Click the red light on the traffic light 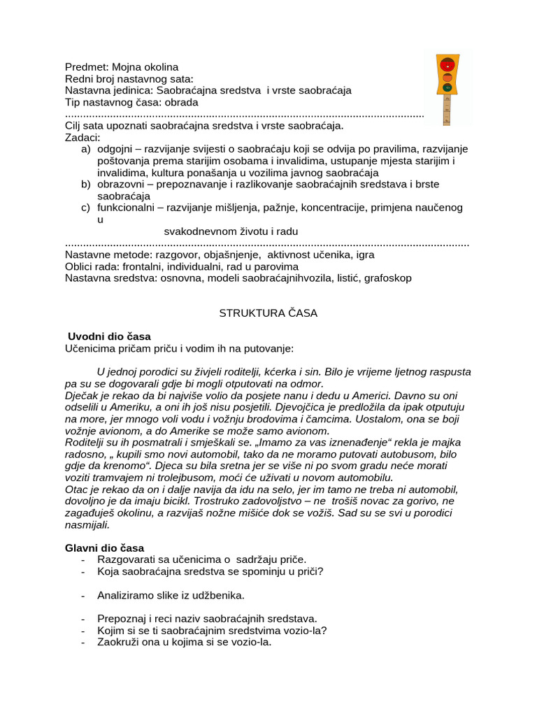point(447,64)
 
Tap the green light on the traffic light point(447,87)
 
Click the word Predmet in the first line point(85,67)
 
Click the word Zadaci point(83,138)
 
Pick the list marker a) point(86,150)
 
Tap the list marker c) point(86,208)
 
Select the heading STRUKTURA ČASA point(268,313)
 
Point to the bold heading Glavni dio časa point(105,547)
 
